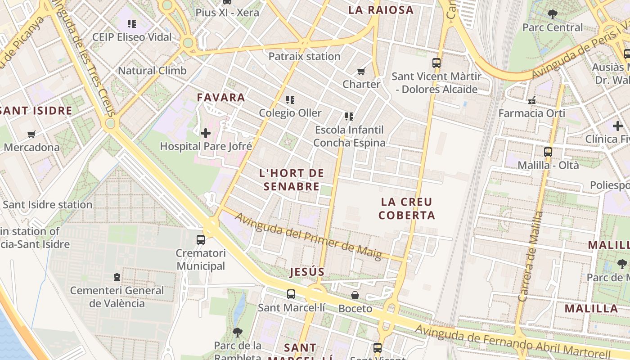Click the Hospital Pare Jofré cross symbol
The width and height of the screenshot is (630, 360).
(x=206, y=133)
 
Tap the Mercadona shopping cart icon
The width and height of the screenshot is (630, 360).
(x=31, y=134)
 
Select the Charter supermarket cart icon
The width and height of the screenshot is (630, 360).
(x=361, y=71)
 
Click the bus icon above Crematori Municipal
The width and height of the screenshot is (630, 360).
(x=201, y=240)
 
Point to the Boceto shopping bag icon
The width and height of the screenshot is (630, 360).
(x=355, y=295)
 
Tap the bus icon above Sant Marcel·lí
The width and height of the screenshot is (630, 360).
(x=291, y=294)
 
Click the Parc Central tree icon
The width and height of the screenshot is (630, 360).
(x=552, y=14)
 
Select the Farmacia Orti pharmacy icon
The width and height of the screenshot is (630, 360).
(x=532, y=100)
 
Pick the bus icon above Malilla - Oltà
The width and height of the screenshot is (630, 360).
(x=548, y=152)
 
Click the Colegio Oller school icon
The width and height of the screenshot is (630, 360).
(x=290, y=99)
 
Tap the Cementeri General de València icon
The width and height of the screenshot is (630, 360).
(x=117, y=277)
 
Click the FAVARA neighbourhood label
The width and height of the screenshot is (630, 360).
(x=221, y=97)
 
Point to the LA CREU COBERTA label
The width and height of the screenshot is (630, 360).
(x=407, y=208)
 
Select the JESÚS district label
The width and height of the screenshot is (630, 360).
(x=307, y=272)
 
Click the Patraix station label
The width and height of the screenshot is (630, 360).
(x=304, y=56)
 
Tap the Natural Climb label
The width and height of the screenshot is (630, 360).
(x=152, y=71)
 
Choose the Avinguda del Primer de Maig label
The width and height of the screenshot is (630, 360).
(x=308, y=237)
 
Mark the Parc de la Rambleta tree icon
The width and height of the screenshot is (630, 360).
(x=238, y=333)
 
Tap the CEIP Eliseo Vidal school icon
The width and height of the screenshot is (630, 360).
(x=132, y=23)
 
